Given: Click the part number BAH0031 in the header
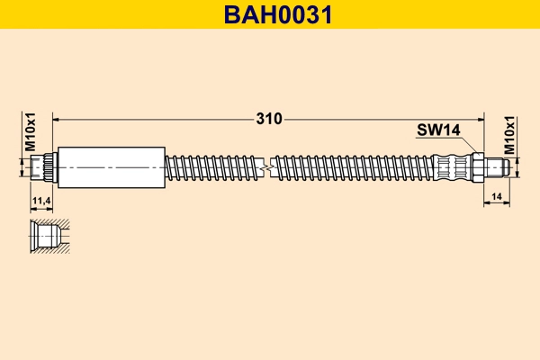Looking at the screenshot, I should point(270,14).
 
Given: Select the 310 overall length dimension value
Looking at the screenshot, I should point(269,118).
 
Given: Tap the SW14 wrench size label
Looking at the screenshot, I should point(437,131).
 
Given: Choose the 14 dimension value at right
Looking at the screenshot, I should point(498,194).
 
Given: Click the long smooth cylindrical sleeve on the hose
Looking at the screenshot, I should point(112,166).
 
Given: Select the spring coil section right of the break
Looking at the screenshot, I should point(351,166).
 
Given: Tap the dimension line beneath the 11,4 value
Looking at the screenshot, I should point(40,207).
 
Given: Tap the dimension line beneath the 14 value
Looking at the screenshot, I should point(498,203).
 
